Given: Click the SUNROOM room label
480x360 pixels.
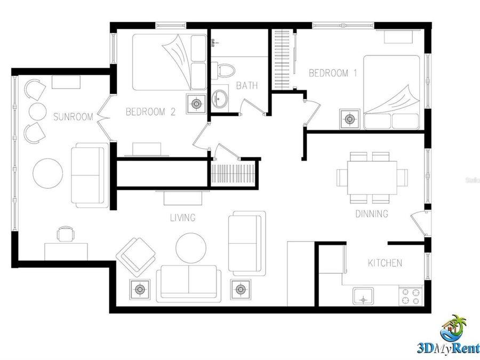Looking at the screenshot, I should (74, 116).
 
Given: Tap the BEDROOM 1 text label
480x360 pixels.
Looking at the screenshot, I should (333, 74).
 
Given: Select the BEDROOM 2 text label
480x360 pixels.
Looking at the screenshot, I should (150, 112).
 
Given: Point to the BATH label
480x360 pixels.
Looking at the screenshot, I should (247, 85).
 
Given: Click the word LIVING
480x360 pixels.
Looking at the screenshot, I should (182, 218).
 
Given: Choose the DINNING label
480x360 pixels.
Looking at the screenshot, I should (372, 214).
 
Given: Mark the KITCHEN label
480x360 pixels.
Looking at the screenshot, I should (385, 263).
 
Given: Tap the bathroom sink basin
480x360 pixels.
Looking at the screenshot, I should (219, 97).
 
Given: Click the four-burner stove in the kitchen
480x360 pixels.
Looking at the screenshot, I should (411, 297).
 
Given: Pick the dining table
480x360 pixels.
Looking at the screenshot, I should (372, 178).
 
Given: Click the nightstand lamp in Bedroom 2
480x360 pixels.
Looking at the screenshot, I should (196, 103).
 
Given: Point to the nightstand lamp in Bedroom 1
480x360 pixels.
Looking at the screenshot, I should (350, 119).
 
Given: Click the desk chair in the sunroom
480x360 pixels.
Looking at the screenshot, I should (65, 234).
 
